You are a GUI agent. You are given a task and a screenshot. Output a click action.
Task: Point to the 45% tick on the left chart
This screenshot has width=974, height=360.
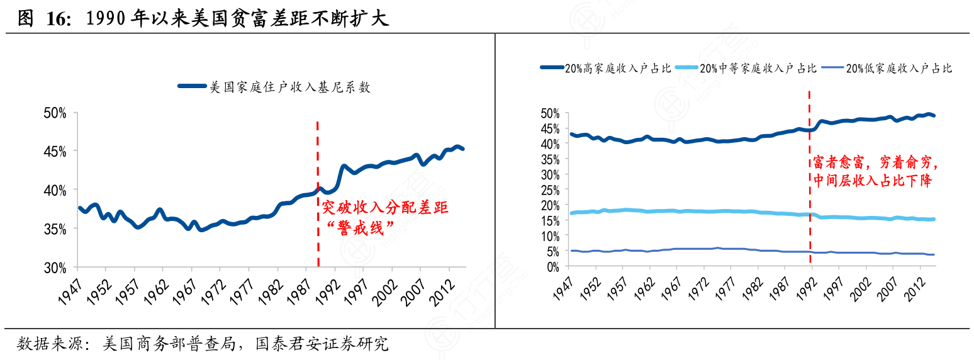click(x=55, y=152)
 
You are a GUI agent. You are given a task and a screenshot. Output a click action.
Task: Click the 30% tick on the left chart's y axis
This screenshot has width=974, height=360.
click(x=55, y=268)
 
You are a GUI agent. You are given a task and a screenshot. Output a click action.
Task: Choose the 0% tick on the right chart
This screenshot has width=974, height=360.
click(x=552, y=266)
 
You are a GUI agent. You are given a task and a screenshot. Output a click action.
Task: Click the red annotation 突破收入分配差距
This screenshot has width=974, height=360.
click(x=385, y=208)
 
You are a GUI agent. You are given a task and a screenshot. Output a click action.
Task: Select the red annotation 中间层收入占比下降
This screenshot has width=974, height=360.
click(x=872, y=181)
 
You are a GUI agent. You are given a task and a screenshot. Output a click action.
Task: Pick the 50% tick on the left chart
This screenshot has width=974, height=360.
click(x=55, y=113)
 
